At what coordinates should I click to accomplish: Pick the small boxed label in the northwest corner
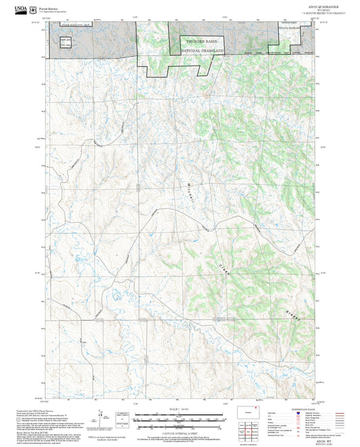click(65, 42)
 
